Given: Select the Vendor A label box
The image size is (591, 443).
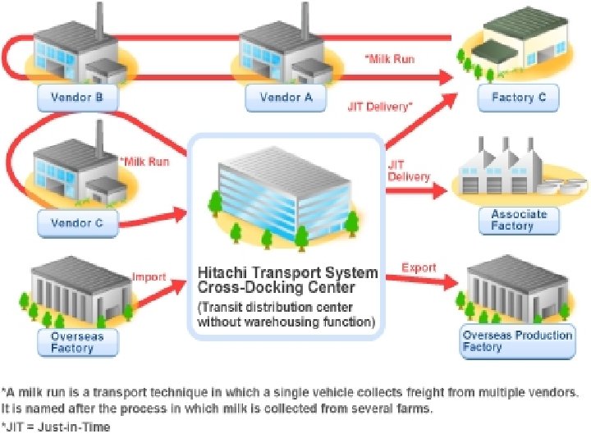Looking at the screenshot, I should pos(286,98).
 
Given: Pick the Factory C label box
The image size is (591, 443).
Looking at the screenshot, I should pos(518,98).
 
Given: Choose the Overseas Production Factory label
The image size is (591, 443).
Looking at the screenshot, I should pos(517,341).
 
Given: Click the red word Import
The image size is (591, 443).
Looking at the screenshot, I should pos(149,277).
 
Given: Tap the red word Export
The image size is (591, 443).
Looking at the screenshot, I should pos(419,268).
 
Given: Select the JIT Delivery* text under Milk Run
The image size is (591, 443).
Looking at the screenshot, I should pos(380,106).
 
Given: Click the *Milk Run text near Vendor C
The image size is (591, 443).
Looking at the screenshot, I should pos(144,162).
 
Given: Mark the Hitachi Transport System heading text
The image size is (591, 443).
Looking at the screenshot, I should pos(287,272).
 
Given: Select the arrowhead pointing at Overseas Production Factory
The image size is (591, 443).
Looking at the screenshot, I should pos(451,283).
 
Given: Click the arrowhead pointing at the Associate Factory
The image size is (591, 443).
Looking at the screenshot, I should pos(441,190).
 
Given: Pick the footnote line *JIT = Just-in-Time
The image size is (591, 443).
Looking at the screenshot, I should pos(57,427).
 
